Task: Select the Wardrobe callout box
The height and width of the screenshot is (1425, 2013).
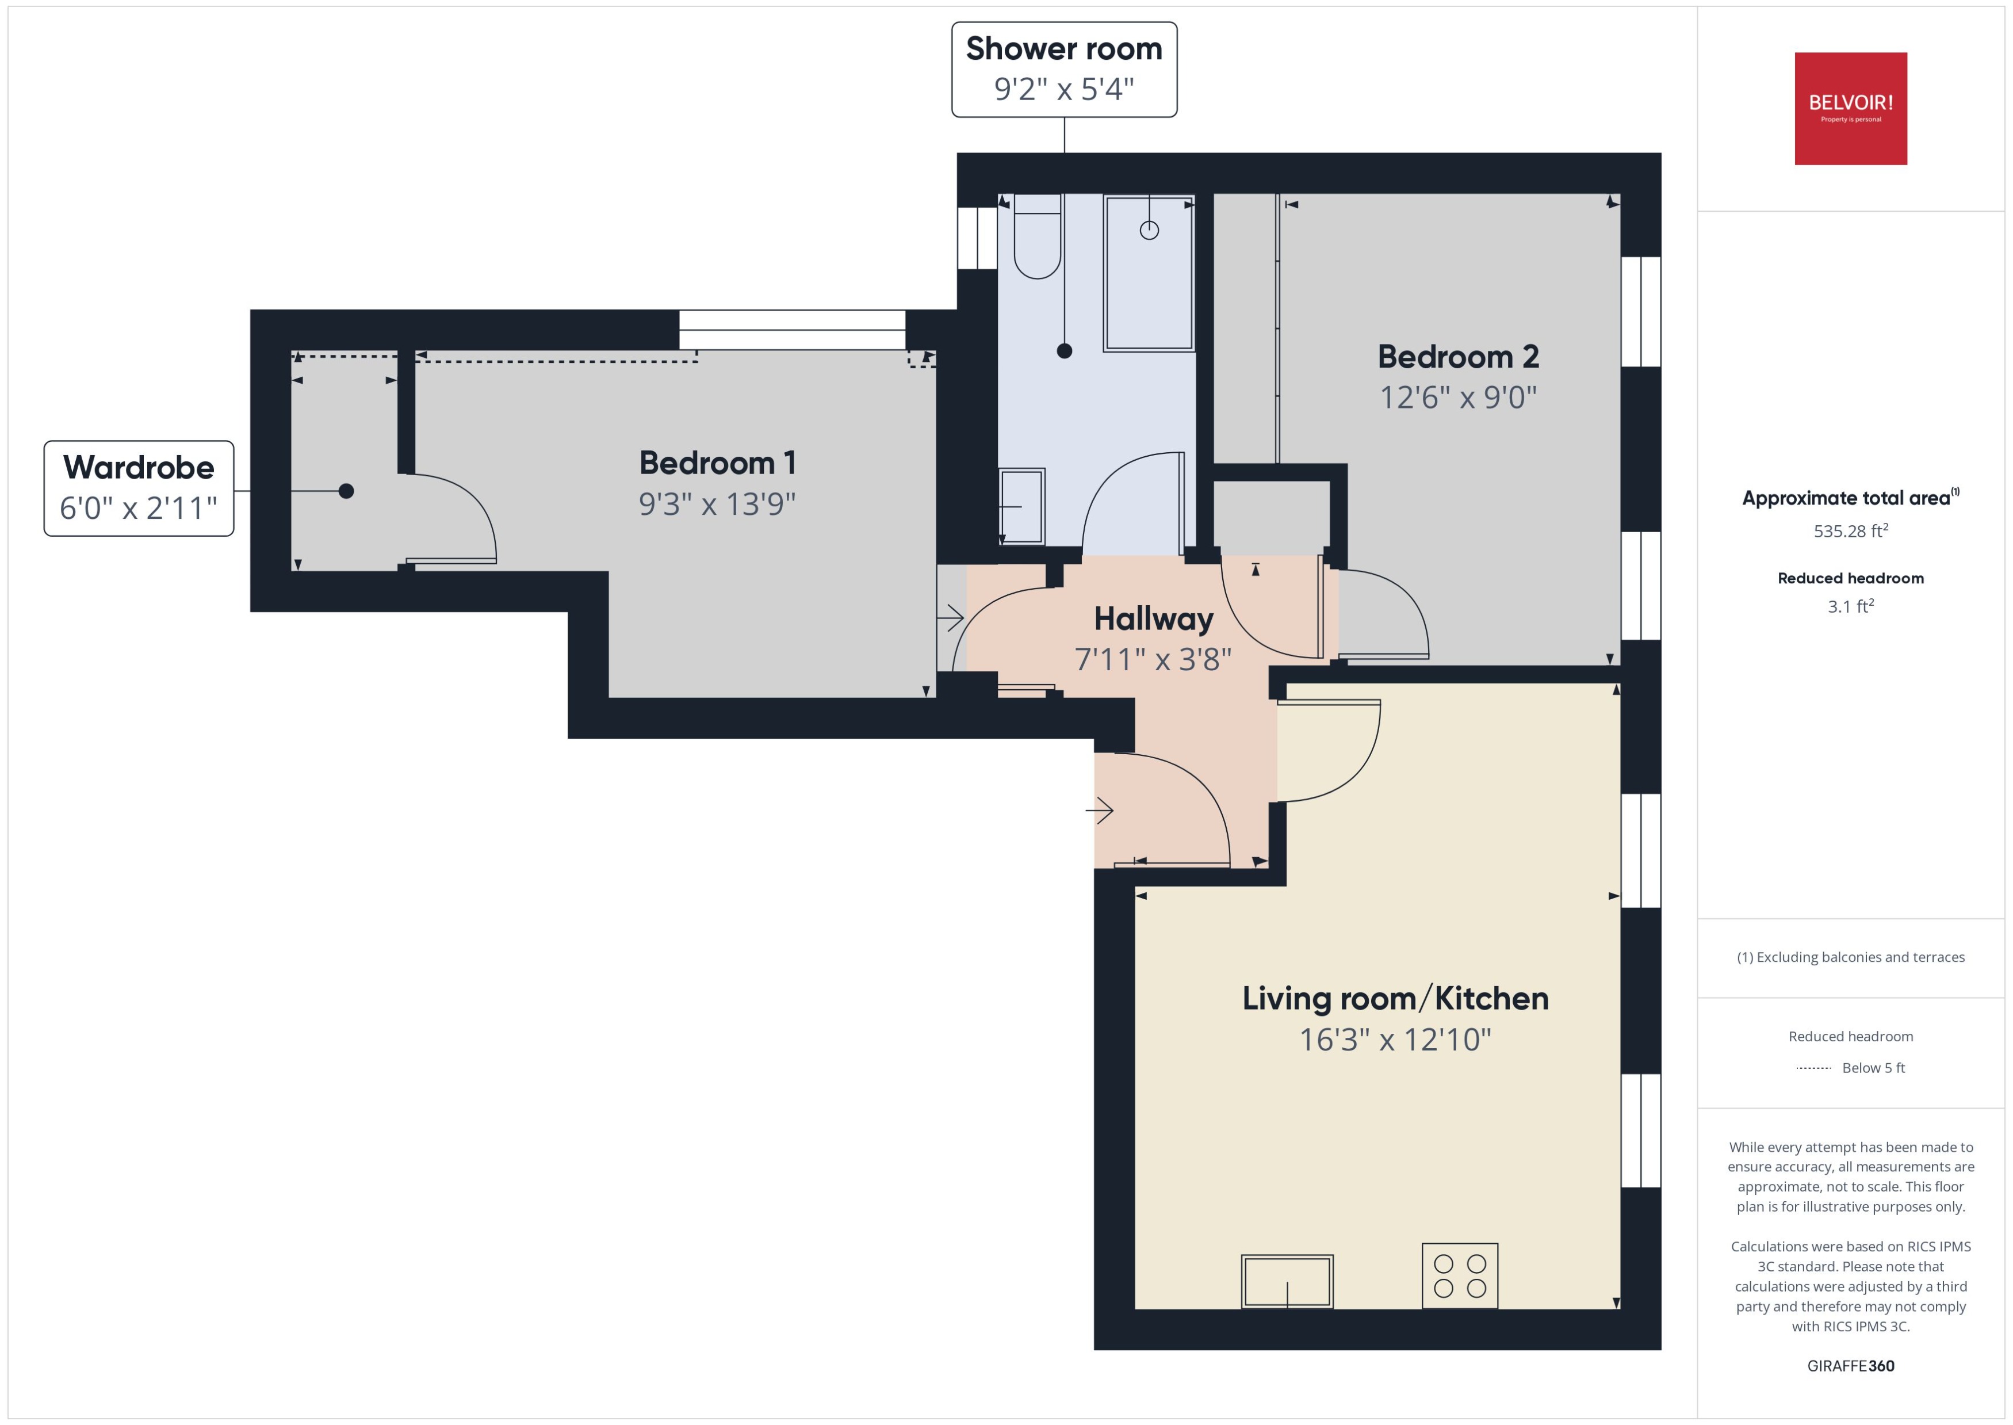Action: (139, 488)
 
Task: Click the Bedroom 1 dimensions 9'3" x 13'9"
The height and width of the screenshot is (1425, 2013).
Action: (717, 503)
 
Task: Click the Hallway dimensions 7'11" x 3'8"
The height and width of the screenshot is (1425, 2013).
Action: (1153, 659)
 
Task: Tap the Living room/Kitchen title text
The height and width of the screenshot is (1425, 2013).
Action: (1395, 999)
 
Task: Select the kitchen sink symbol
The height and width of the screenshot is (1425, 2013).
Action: (1287, 1281)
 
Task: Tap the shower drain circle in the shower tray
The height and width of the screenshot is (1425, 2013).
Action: (1149, 230)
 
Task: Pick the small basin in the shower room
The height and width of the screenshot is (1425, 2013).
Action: (1022, 506)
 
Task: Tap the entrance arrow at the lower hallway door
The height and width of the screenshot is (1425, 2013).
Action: (1099, 810)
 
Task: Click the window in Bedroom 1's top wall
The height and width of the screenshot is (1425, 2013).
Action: (791, 330)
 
